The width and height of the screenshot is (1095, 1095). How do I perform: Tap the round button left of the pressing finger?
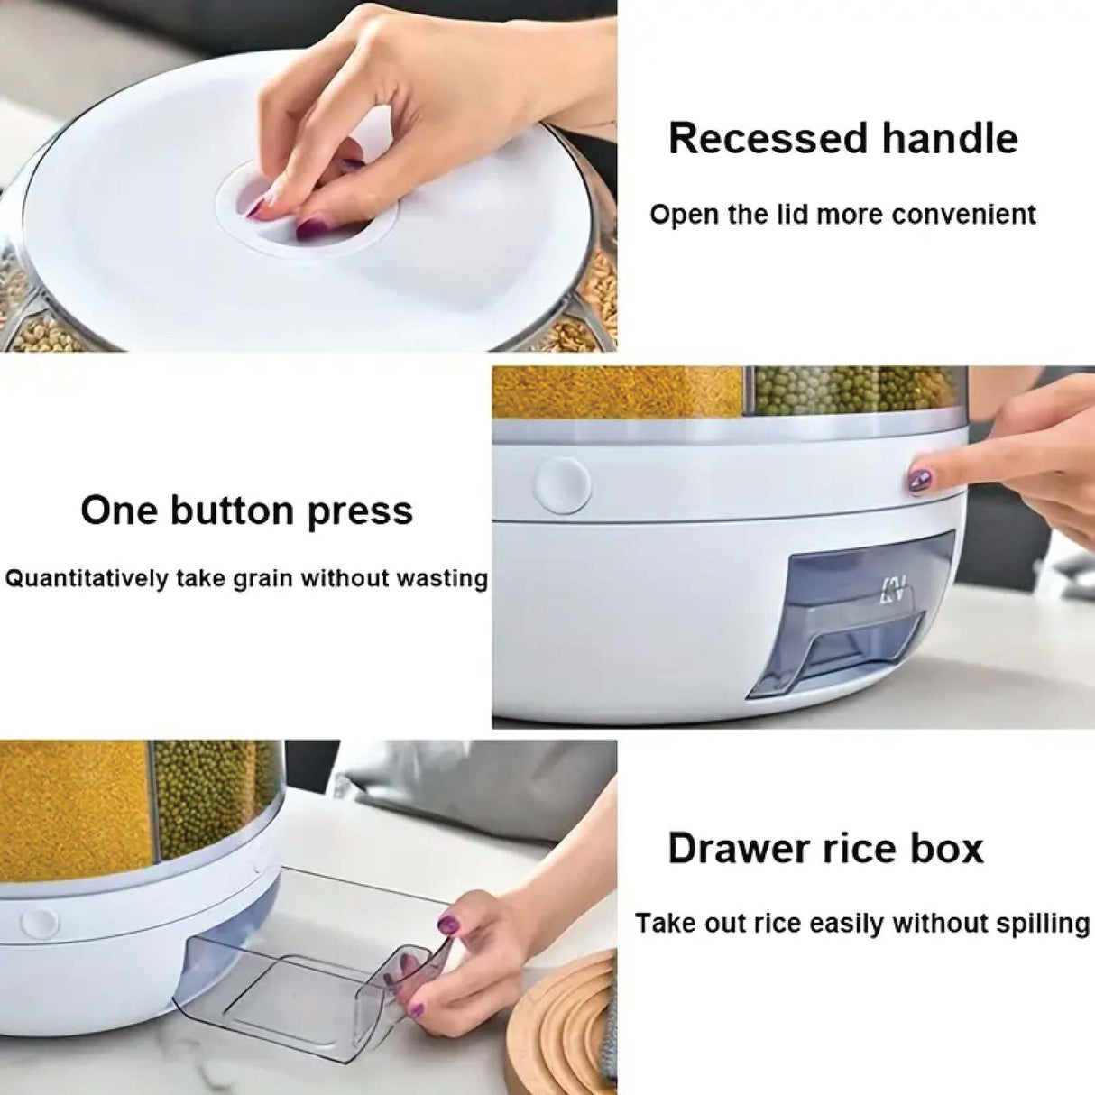(562, 484)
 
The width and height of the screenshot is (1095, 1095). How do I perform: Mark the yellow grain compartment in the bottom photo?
(72, 803)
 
